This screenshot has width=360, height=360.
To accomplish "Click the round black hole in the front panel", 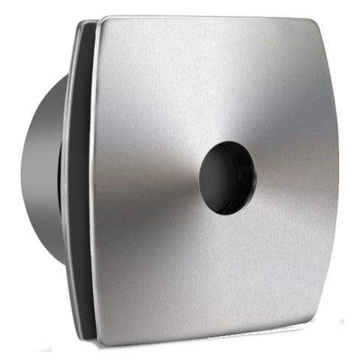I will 227,175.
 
